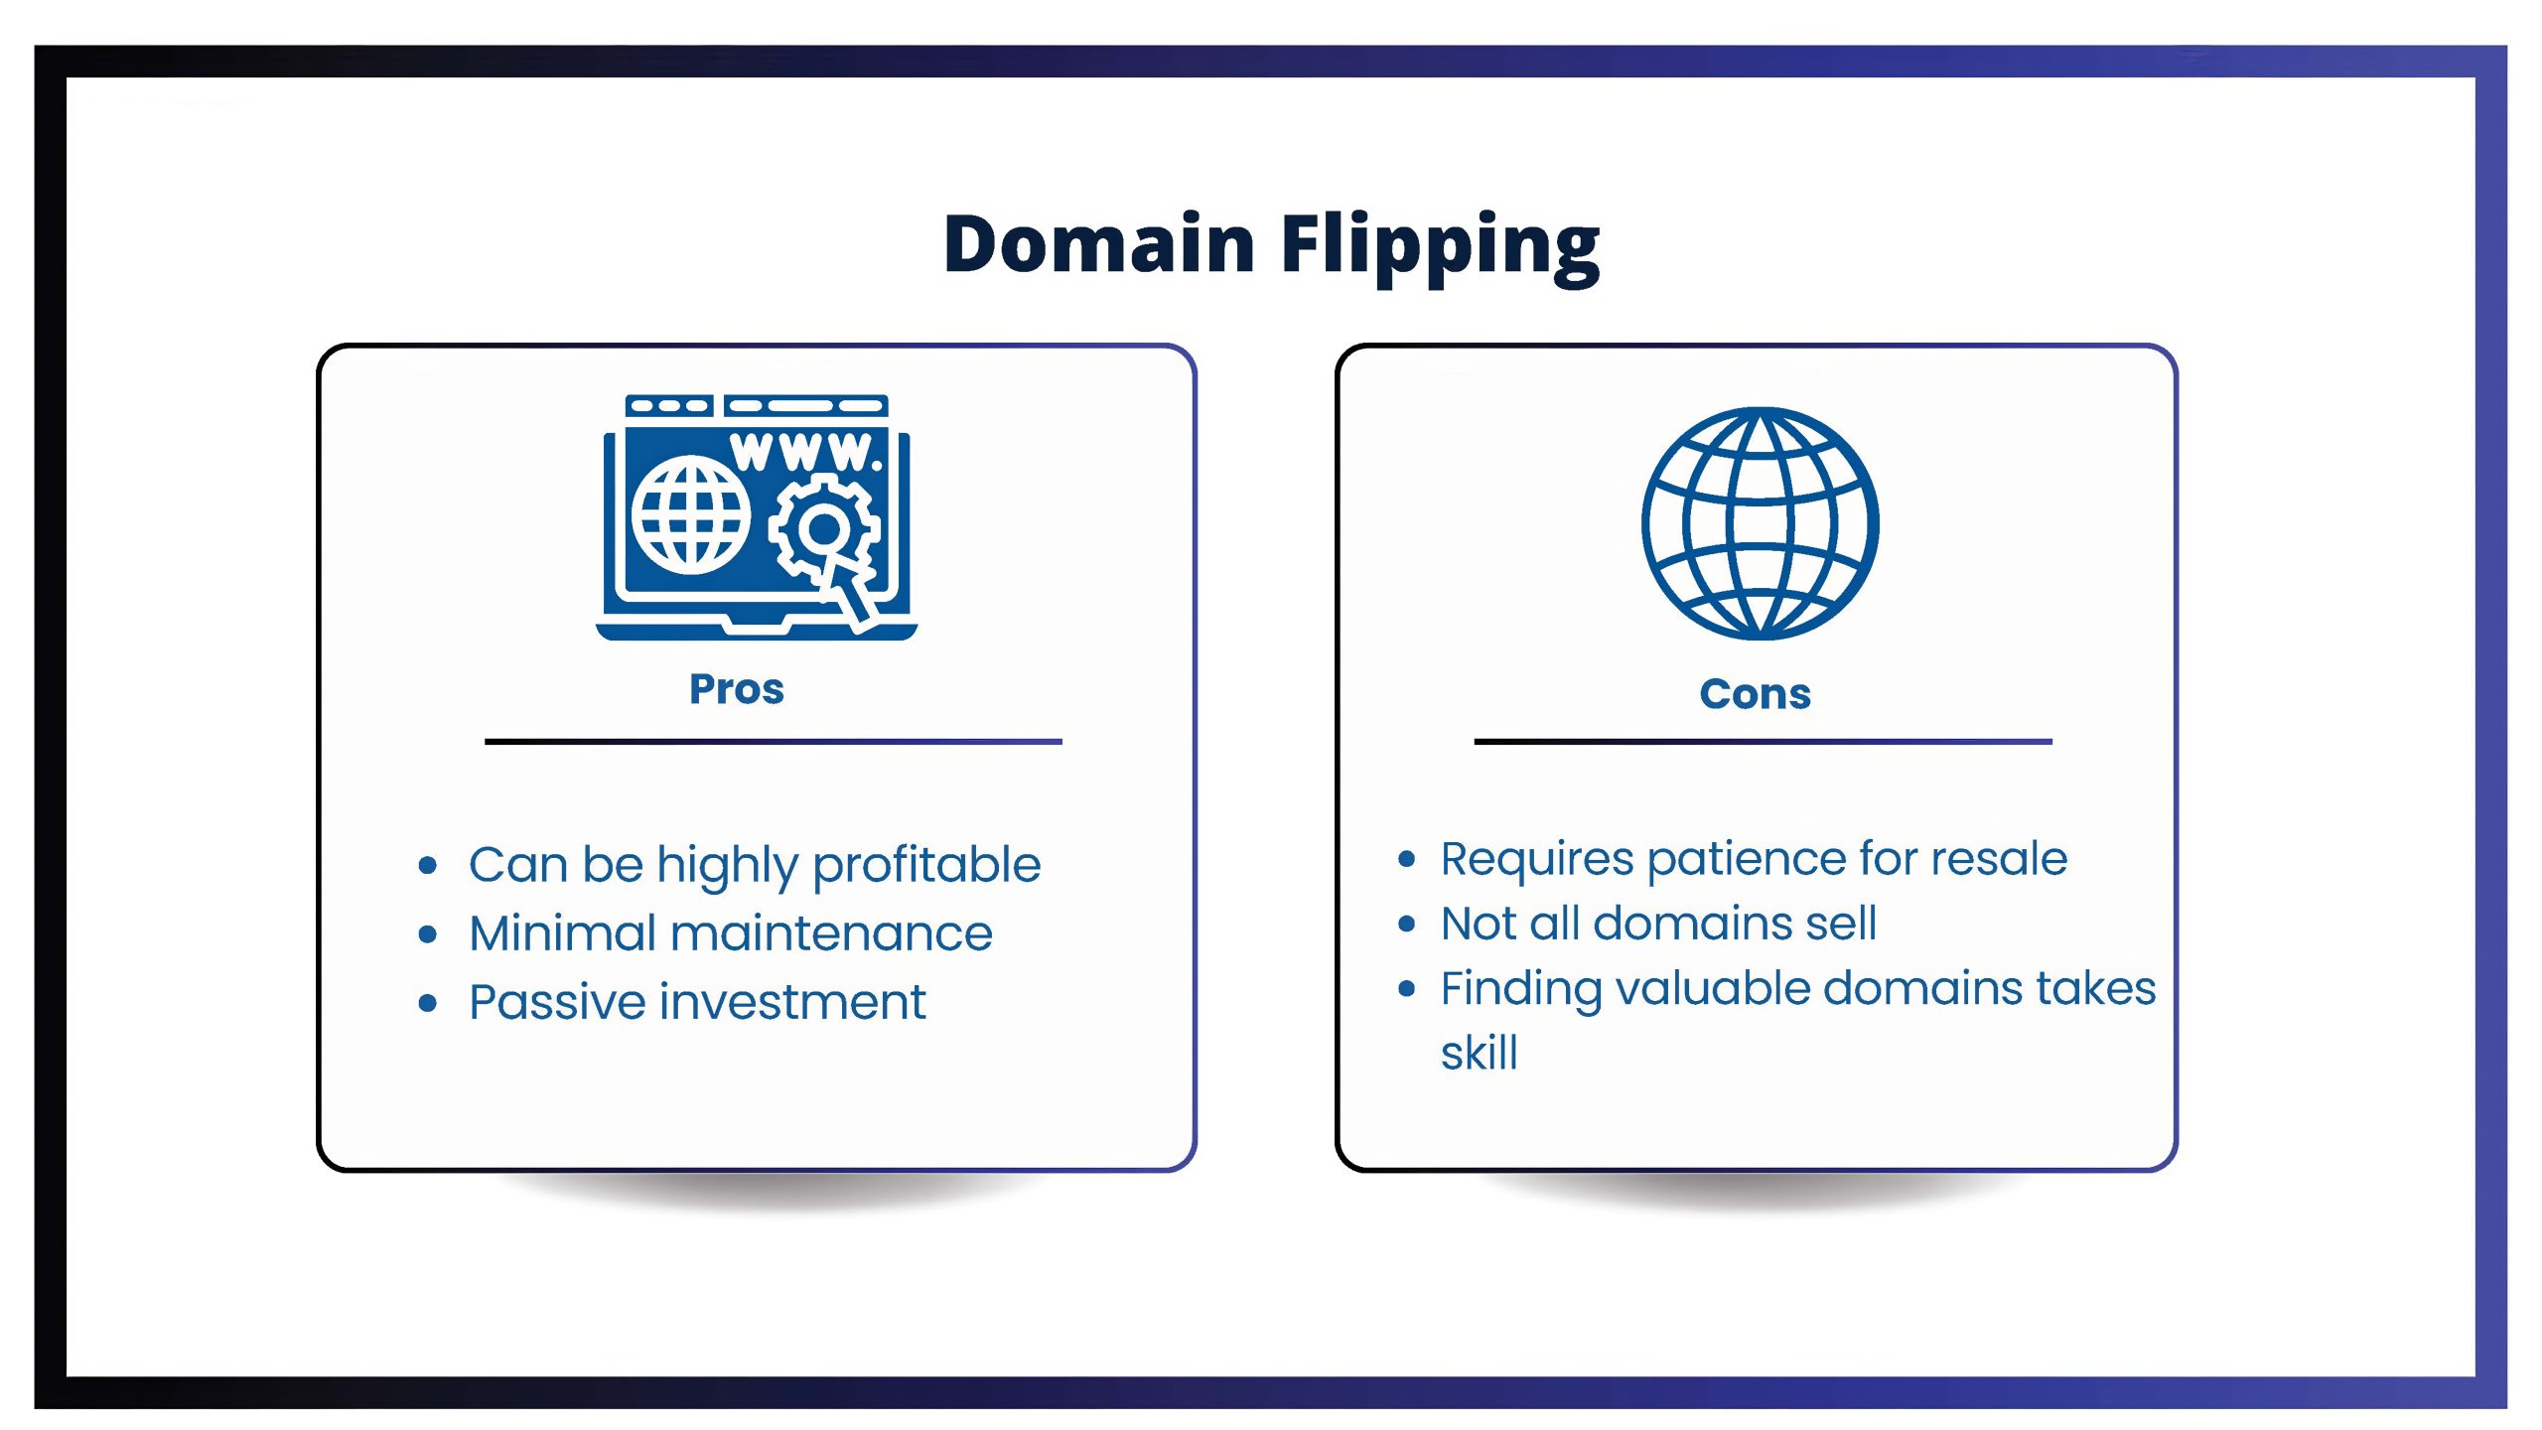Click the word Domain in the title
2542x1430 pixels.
tap(1099, 243)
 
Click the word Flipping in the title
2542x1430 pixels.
tap(1441, 247)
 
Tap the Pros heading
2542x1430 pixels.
tap(737, 689)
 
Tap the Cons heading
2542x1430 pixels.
tap(1755, 694)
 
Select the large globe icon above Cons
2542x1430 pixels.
tap(1760, 523)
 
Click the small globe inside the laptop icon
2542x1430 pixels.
tap(691, 514)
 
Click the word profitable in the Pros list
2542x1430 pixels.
tap(926, 866)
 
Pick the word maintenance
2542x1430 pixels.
tap(832, 933)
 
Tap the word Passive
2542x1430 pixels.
tap(557, 1002)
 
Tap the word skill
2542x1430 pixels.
tap(1480, 1053)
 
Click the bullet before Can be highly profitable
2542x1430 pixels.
tap(428, 866)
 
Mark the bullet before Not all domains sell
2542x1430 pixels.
tap(1406, 925)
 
